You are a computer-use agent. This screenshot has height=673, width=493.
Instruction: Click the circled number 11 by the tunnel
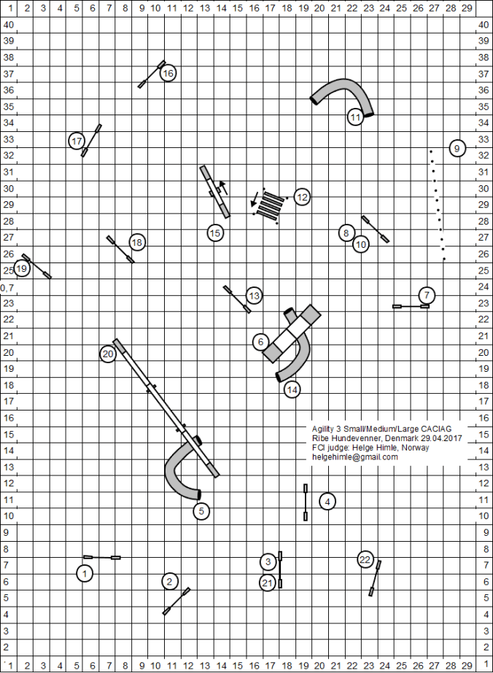(355, 117)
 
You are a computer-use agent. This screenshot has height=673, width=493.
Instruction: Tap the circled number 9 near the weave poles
(457, 148)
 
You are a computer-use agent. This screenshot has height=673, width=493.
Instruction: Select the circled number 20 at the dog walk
(108, 354)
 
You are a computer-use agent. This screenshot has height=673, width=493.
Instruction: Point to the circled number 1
(85, 574)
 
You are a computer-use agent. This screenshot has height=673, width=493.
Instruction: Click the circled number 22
(366, 559)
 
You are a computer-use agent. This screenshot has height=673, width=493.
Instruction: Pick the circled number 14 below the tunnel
(292, 389)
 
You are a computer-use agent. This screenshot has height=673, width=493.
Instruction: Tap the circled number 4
(327, 501)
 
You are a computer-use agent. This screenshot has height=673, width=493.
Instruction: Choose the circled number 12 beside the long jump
(302, 197)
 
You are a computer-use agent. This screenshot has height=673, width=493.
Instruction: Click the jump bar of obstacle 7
(411, 306)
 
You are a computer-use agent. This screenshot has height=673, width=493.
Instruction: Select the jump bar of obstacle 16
(152, 74)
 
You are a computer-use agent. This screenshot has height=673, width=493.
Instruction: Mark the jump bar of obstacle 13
(237, 299)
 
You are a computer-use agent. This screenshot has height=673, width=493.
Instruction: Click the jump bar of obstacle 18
(120, 249)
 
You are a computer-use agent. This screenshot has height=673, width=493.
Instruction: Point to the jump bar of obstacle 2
(176, 601)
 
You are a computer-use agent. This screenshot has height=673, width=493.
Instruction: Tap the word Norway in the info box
(416, 448)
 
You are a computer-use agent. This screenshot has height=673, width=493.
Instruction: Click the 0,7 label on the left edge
(7, 288)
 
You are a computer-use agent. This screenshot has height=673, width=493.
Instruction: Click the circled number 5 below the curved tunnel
(201, 511)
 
